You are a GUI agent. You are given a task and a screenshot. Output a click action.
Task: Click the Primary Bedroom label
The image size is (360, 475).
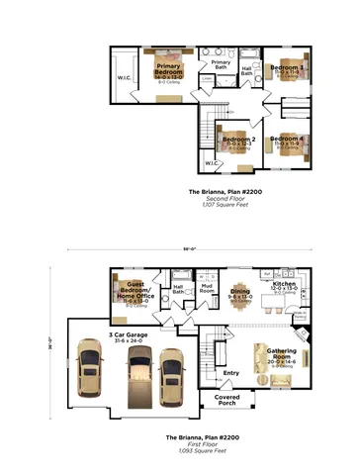168,70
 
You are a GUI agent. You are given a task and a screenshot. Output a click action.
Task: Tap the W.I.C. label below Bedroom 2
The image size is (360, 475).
212,162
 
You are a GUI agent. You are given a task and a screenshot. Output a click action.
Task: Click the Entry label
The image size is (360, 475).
232,373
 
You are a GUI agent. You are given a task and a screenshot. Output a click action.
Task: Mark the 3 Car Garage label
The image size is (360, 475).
130,336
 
